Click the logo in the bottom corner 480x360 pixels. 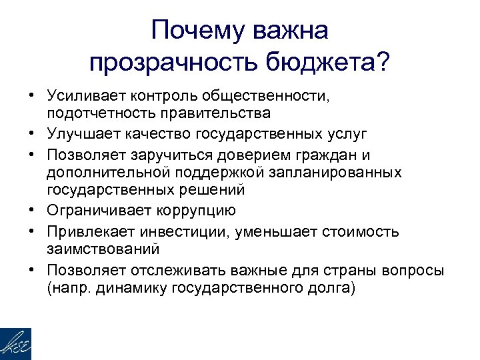(x=15, y=344)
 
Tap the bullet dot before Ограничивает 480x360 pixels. (x=31, y=211)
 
